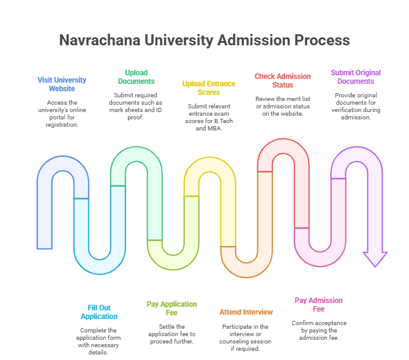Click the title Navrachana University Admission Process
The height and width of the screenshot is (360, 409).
[x=204, y=40]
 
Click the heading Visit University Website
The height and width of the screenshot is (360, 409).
[x=62, y=84]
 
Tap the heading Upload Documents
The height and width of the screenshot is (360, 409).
[x=135, y=77]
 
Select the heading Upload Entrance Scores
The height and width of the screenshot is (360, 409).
[x=209, y=88]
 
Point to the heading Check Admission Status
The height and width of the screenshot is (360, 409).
[x=282, y=80]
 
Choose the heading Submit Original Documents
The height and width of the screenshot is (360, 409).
[x=352, y=77]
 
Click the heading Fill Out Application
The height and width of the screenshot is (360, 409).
[x=99, y=312]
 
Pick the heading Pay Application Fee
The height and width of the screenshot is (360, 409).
[x=172, y=308]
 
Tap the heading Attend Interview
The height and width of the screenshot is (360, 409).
[x=246, y=312]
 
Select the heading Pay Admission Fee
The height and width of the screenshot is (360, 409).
[x=318, y=304]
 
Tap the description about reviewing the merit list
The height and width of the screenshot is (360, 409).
[x=282, y=106]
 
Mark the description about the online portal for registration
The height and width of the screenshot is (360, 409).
[x=62, y=113]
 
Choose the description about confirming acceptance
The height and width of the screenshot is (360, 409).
[x=318, y=330]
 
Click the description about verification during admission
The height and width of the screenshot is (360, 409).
[x=352, y=106]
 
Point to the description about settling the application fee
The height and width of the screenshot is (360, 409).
[x=172, y=334]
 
